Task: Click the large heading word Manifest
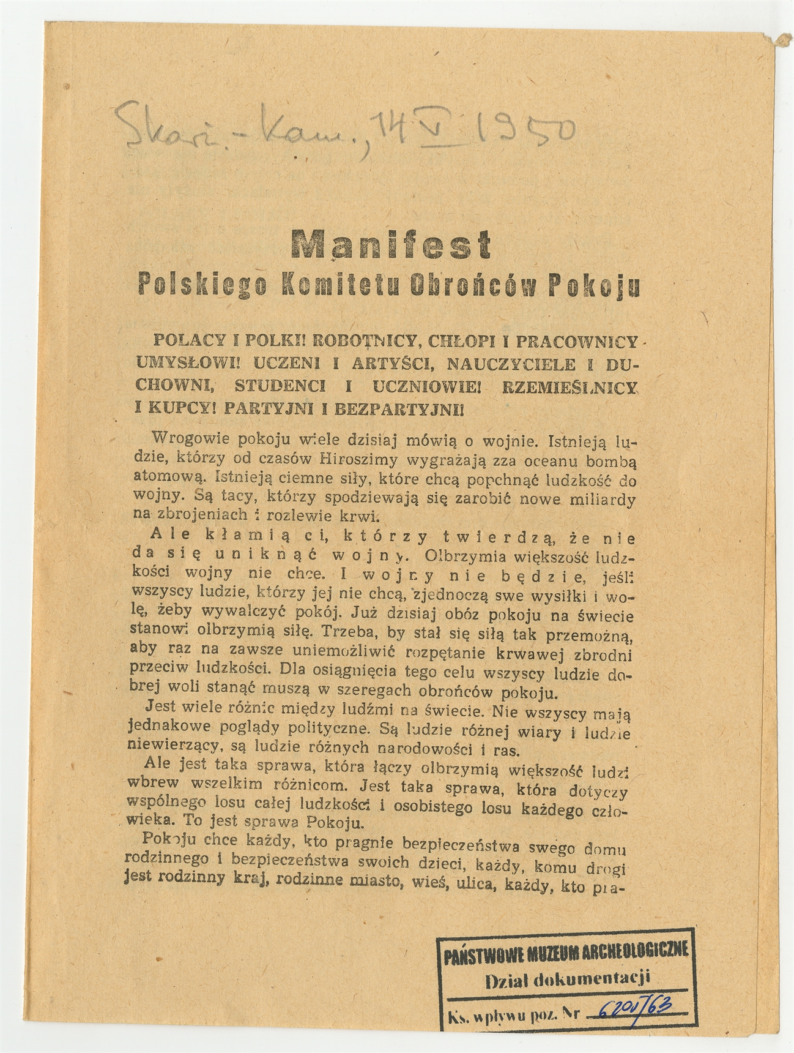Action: tap(392, 245)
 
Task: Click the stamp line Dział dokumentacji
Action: tap(567, 979)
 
